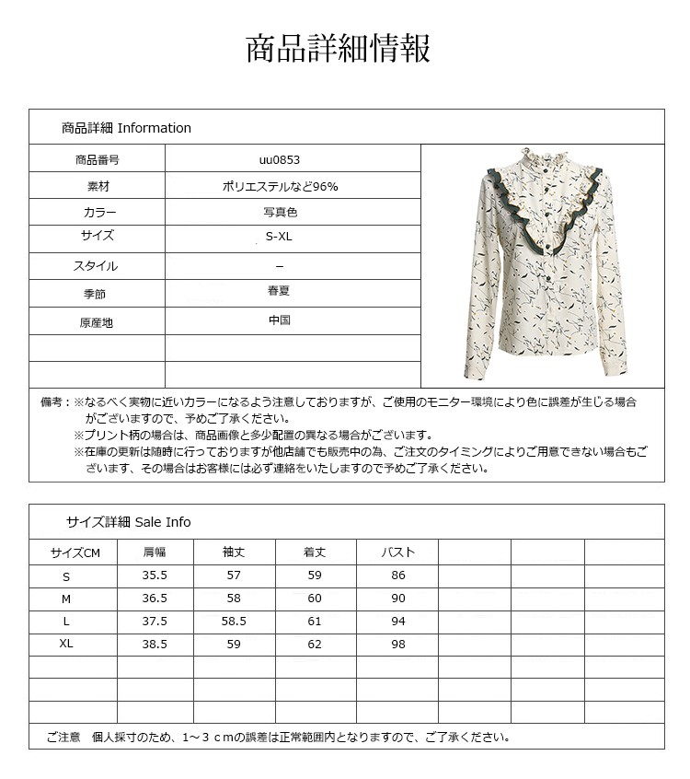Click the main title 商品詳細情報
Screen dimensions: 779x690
[338, 49]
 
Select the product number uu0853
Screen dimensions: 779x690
[280, 159]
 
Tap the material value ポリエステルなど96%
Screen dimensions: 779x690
[280, 186]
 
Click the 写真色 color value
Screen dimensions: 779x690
[280, 212]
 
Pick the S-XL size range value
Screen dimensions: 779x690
[280, 238]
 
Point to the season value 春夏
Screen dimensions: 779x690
[280, 291]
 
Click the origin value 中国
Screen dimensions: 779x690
[280, 320]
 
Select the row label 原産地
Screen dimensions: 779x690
[97, 323]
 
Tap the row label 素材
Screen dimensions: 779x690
[97, 186]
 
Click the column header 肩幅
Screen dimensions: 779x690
[155, 552]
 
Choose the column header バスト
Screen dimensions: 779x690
[398, 552]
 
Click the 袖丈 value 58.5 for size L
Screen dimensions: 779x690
[235, 622]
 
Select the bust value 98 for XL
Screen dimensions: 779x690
[398, 645]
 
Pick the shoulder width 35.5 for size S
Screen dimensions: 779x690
[155, 576]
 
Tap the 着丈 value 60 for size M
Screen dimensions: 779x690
[316, 599]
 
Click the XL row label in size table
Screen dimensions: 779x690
[66, 644]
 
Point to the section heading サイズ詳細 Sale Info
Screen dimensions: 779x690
[128, 522]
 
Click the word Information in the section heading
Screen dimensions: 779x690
[155, 128]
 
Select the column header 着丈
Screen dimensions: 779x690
[316, 552]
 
